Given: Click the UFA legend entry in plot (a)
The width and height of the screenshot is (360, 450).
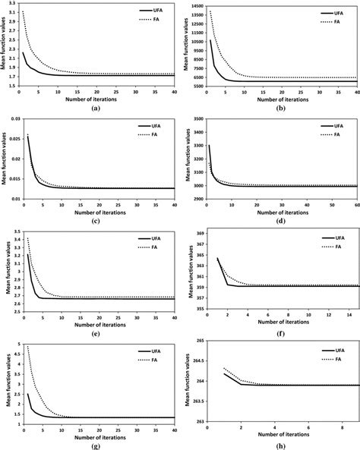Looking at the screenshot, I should (153, 11).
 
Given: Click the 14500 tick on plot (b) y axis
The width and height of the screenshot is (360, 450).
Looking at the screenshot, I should (195, 6).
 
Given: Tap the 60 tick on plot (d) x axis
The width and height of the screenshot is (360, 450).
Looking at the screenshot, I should (357, 205).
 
